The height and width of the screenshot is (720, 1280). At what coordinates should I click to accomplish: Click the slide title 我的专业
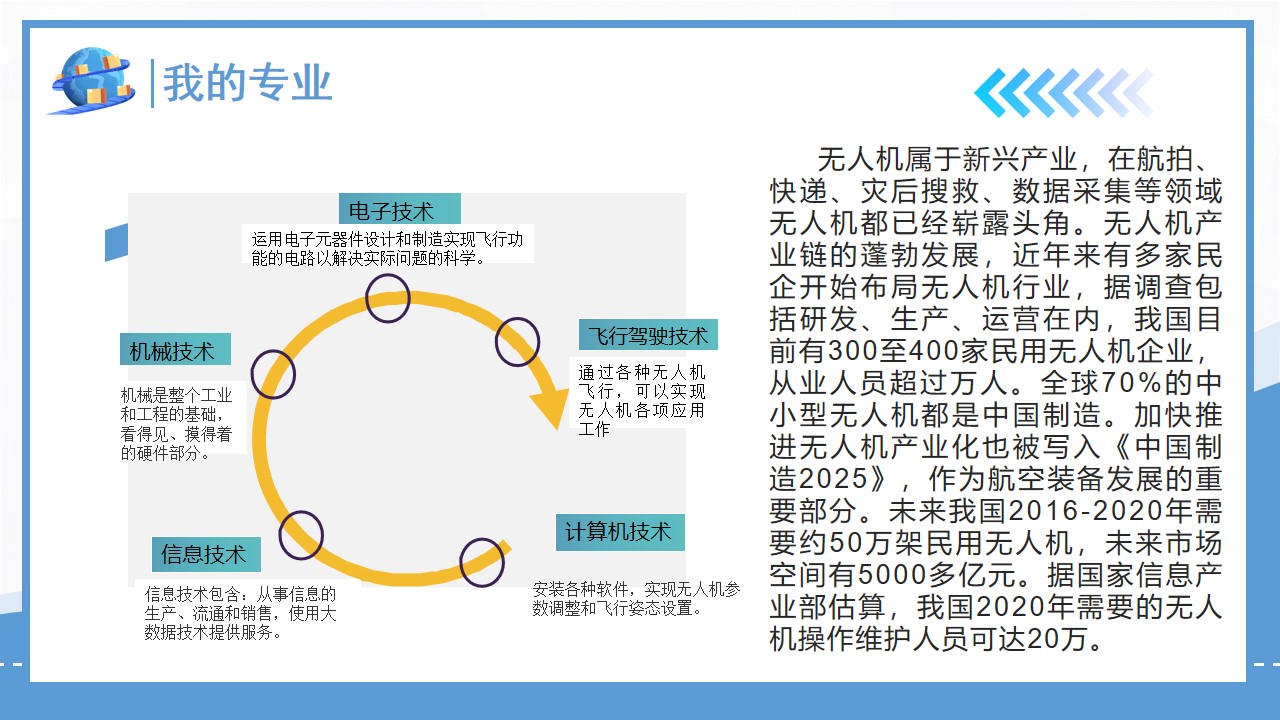point(247,83)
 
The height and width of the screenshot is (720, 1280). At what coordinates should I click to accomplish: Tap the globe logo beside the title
point(91,81)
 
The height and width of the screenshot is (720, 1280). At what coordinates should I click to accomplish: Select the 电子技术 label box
point(399,210)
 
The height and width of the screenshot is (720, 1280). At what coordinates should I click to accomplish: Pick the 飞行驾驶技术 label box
point(647,335)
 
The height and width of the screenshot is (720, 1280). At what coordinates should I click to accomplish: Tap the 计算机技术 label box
point(619,532)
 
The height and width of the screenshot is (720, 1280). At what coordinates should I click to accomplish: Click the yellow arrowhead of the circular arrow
point(549,404)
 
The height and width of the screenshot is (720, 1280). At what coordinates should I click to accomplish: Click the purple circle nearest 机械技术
point(273,375)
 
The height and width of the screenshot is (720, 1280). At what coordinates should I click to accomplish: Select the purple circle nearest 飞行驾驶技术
point(517,341)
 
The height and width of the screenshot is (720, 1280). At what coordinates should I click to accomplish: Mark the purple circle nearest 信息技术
point(301,534)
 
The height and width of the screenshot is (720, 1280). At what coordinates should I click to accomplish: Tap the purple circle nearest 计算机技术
point(481,562)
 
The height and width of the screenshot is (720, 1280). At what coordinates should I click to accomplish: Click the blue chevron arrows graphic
point(1062,94)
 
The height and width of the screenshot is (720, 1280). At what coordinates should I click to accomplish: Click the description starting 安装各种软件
point(636,598)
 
